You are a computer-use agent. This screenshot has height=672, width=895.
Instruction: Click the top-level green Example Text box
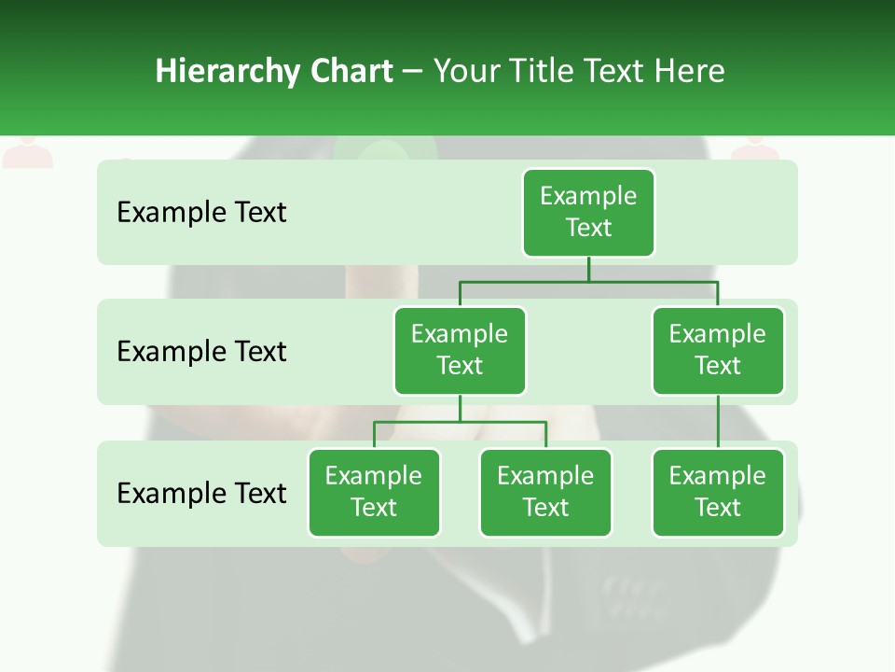588,213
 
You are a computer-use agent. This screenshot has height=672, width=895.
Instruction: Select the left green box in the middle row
460,351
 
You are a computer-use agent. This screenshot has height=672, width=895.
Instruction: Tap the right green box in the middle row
718,351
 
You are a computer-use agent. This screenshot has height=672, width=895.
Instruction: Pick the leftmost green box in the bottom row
374,493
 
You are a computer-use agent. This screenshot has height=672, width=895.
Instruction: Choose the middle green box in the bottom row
545,493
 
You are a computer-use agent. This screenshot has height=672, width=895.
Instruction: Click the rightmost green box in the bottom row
718,493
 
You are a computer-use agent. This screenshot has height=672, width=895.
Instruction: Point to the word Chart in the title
347,71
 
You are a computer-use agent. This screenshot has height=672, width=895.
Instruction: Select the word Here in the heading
690,71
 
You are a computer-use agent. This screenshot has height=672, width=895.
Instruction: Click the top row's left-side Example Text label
201,213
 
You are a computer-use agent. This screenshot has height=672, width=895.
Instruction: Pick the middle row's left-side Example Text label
201,352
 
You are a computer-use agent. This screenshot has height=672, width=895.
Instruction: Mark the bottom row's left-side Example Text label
201,493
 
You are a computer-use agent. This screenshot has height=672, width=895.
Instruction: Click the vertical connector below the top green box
588,269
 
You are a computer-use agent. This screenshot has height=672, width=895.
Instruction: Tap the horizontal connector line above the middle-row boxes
588,281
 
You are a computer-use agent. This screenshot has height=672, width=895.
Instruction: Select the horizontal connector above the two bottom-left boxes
460,422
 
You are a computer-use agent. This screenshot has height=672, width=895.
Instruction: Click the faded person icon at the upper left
27,153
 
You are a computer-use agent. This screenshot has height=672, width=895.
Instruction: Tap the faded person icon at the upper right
755,151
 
